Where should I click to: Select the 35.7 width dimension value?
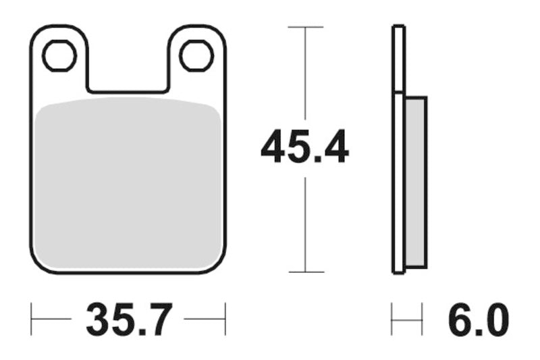(128, 320)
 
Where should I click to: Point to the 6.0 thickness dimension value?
(475, 320)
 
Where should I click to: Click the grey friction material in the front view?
(128, 182)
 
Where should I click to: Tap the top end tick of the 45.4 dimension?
(306, 27)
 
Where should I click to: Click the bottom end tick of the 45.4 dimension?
(306, 272)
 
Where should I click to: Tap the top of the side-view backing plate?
(399, 27)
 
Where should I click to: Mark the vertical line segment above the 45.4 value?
(306, 74)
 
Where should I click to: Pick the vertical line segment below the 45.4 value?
(306, 223)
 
